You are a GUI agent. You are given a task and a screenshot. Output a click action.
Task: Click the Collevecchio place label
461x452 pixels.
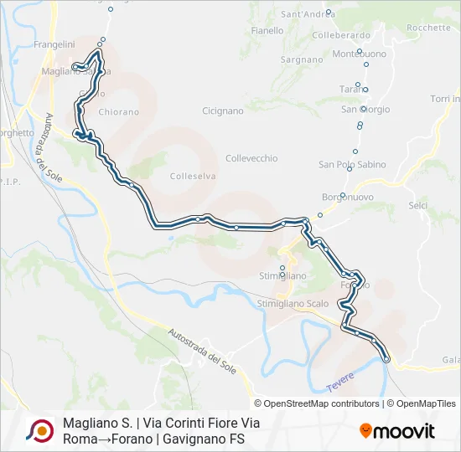pos(251,158)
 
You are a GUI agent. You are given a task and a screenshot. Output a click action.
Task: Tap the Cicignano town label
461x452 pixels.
pos(223,110)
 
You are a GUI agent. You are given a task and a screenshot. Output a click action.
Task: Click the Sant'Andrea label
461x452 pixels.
pos(308,14)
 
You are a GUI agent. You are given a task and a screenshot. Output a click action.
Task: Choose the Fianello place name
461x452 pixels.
pos(267,31)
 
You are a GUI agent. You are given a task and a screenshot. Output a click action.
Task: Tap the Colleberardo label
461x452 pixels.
pos(340,36)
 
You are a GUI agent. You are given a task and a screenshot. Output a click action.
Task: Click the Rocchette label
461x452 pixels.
pos(428,28)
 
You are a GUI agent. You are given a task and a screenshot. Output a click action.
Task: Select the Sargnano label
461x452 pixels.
pos(302,60)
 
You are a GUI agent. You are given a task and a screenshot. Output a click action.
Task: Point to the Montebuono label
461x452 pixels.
pos(360,54)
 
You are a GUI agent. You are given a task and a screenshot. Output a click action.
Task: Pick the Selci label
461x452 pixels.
pos(417,205)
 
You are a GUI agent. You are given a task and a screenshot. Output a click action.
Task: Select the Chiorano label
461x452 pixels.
pos(118,111)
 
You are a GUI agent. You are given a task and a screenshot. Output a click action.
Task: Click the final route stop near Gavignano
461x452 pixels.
pos(386,358)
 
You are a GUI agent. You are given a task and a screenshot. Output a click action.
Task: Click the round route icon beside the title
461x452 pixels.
pos(39,431)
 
